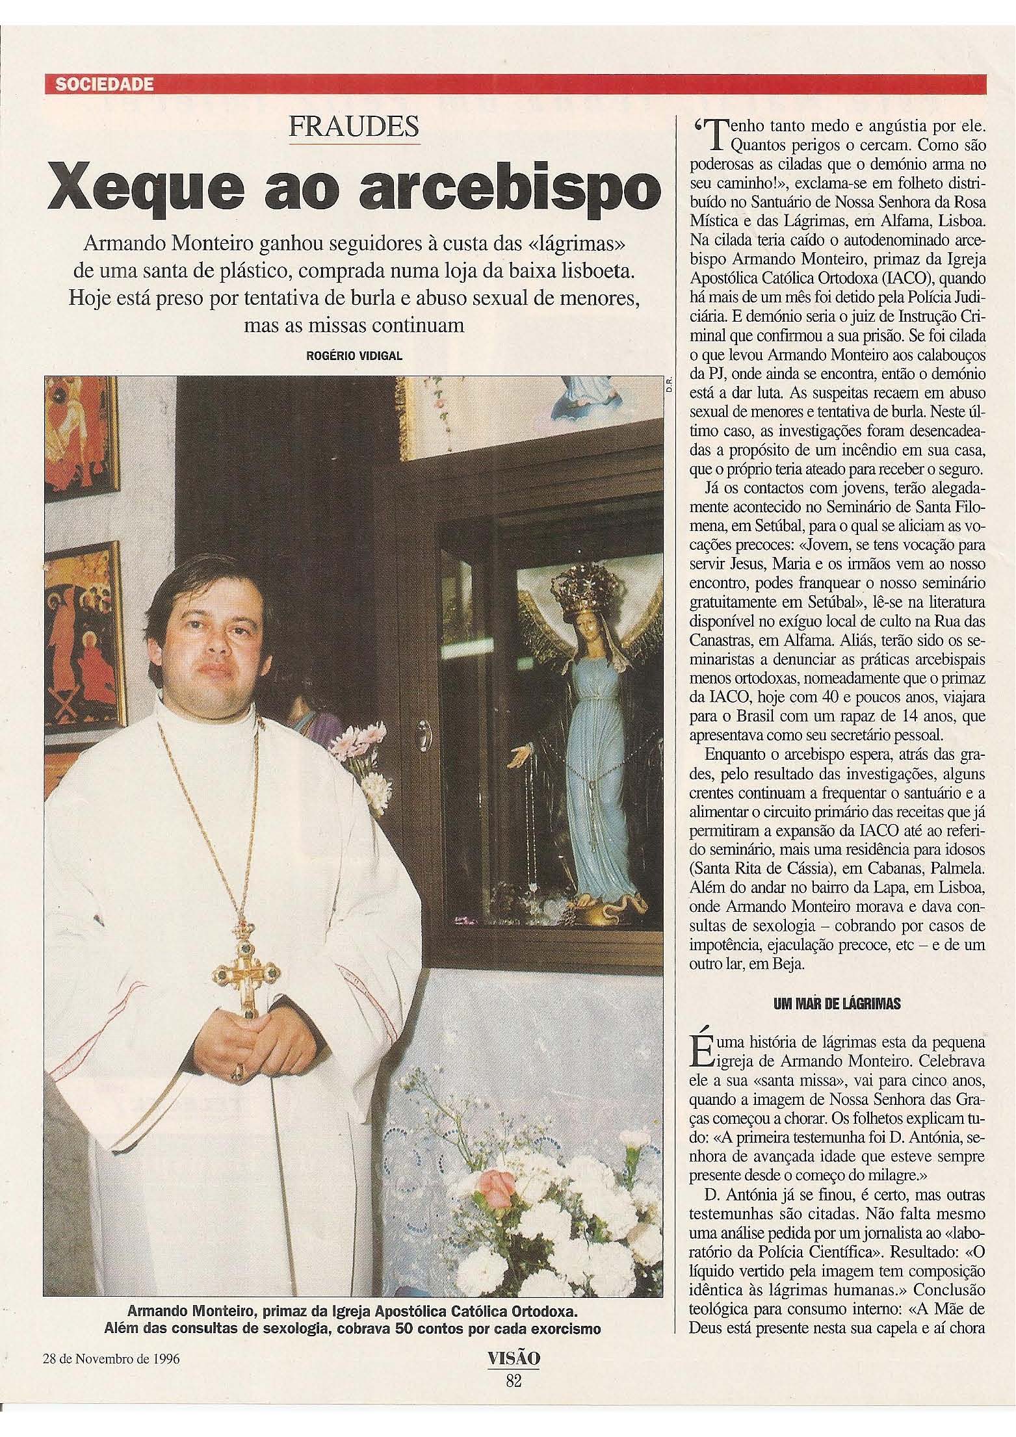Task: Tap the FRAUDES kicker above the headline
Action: [x=354, y=127]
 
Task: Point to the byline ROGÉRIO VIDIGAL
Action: [x=352, y=355]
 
